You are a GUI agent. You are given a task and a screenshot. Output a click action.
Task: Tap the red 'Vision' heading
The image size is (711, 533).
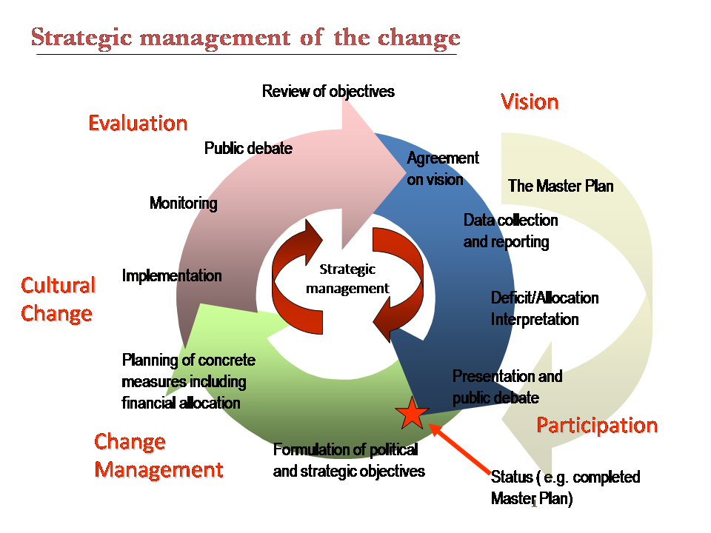[530, 102]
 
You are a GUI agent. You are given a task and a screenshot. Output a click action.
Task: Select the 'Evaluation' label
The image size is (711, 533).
[138, 124]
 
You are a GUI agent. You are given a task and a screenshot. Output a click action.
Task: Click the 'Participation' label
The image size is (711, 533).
[597, 426]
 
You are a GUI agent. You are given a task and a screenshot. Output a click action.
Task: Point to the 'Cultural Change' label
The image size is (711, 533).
[58, 300]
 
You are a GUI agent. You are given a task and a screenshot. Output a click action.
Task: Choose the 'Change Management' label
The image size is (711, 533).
[158, 455]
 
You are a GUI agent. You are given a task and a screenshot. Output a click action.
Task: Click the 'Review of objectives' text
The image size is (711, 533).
[328, 91]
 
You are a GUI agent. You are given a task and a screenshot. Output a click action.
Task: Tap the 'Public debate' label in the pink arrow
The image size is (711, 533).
[248, 148]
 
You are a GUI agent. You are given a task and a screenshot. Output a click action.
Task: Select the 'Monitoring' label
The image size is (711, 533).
[183, 203]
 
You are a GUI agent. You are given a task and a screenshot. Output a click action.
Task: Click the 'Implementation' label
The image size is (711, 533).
[172, 275]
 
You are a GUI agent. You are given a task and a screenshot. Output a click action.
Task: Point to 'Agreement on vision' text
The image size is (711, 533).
[443, 169]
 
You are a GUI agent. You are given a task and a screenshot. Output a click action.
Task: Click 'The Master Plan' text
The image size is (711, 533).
[561, 186]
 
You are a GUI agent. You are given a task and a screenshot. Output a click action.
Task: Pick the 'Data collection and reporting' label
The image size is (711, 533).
[510, 231]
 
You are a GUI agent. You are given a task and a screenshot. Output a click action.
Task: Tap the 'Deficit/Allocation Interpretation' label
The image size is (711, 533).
[544, 309]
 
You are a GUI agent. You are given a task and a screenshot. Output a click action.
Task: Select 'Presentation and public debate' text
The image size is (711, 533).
[507, 387]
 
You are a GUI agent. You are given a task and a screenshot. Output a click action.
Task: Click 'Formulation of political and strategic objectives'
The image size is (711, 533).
[349, 460]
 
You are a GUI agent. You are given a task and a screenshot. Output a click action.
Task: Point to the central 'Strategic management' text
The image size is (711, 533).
[347, 279]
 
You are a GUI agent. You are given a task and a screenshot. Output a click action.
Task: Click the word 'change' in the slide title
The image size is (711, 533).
[419, 38]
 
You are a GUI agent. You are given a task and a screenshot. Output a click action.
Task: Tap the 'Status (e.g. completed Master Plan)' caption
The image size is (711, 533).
[565, 488]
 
